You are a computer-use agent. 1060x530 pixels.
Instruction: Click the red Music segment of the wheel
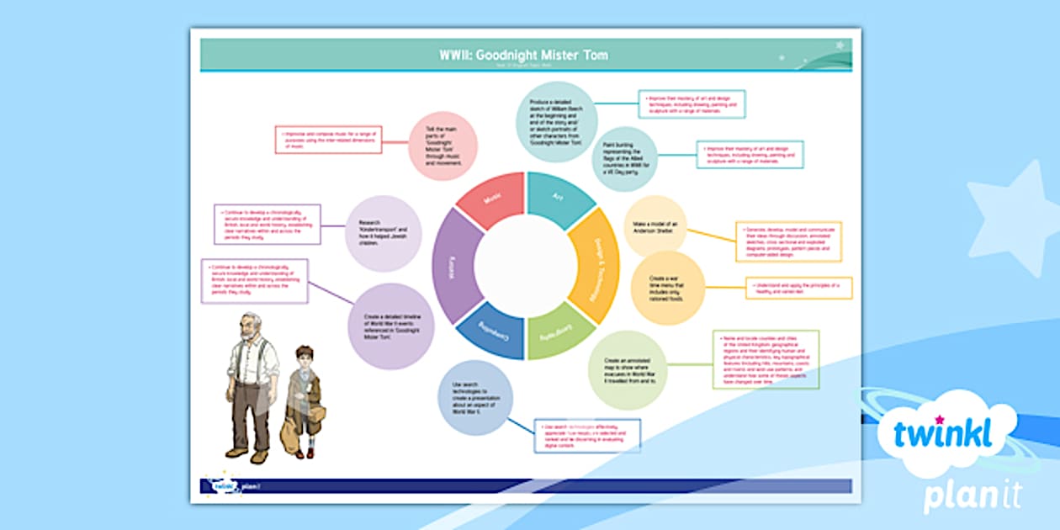492,200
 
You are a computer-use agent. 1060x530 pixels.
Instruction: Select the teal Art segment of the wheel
558,199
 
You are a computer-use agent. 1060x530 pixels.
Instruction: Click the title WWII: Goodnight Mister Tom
523,56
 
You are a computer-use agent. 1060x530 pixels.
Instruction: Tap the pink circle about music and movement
443,146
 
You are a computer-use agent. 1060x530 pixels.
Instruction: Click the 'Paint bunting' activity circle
623,159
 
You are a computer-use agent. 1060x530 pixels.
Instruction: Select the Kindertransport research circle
384,233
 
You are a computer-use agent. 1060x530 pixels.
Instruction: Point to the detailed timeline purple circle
390,326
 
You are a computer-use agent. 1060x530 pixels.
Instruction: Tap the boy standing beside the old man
301,400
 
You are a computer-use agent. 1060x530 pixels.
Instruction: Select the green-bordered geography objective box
766,359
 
